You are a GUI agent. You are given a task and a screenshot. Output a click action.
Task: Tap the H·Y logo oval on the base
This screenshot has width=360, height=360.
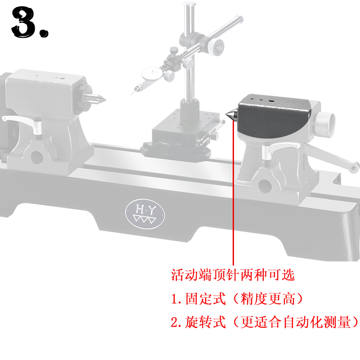click(144, 214)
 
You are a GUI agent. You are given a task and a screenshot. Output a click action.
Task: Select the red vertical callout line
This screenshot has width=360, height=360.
click(233, 193)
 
